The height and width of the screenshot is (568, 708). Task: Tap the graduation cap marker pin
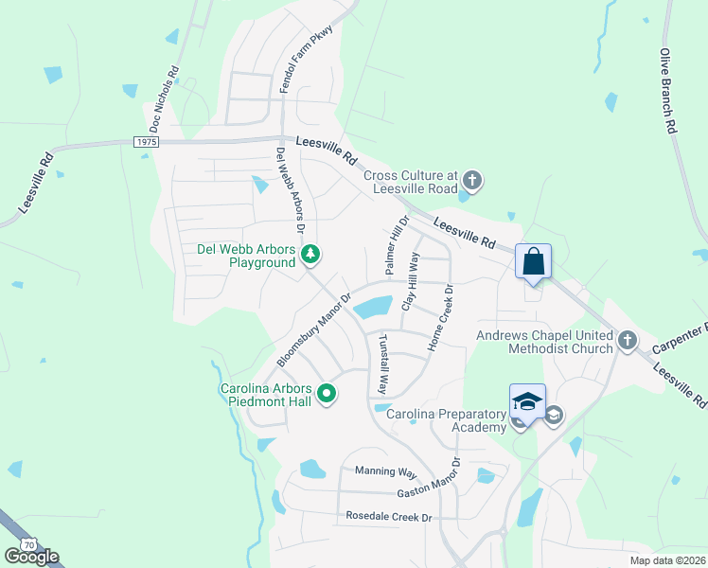pyautogui.click(x=527, y=402)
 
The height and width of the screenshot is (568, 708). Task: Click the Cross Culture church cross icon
pyautogui.click(x=472, y=179)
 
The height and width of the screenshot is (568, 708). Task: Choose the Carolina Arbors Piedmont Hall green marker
pyautogui.click(x=327, y=392)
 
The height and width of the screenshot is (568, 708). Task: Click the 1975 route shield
pyautogui.click(x=146, y=141)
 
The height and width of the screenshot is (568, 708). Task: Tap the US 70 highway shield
pyautogui.click(x=27, y=544)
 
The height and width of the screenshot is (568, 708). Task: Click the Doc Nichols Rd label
pyautogui.click(x=164, y=98)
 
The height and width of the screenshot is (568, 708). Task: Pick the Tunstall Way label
pyautogui.click(x=383, y=364)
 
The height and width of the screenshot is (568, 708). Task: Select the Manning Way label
pyautogui.click(x=386, y=471)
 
